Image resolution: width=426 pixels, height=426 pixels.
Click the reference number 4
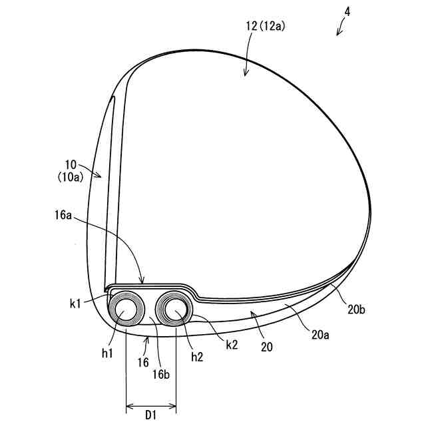click(x=347, y=12)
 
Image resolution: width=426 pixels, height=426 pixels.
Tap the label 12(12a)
click(x=266, y=27)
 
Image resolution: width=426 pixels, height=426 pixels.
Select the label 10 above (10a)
click(x=71, y=164)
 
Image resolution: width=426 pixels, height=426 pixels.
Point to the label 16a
click(x=63, y=216)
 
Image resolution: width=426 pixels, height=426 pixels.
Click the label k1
click(x=75, y=304)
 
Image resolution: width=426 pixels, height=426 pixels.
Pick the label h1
click(x=107, y=353)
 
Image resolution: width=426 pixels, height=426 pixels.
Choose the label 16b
click(x=161, y=375)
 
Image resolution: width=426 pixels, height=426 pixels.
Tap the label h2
click(x=197, y=357)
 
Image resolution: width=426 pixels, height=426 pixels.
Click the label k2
click(x=232, y=345)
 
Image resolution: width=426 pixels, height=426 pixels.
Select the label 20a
click(x=320, y=335)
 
